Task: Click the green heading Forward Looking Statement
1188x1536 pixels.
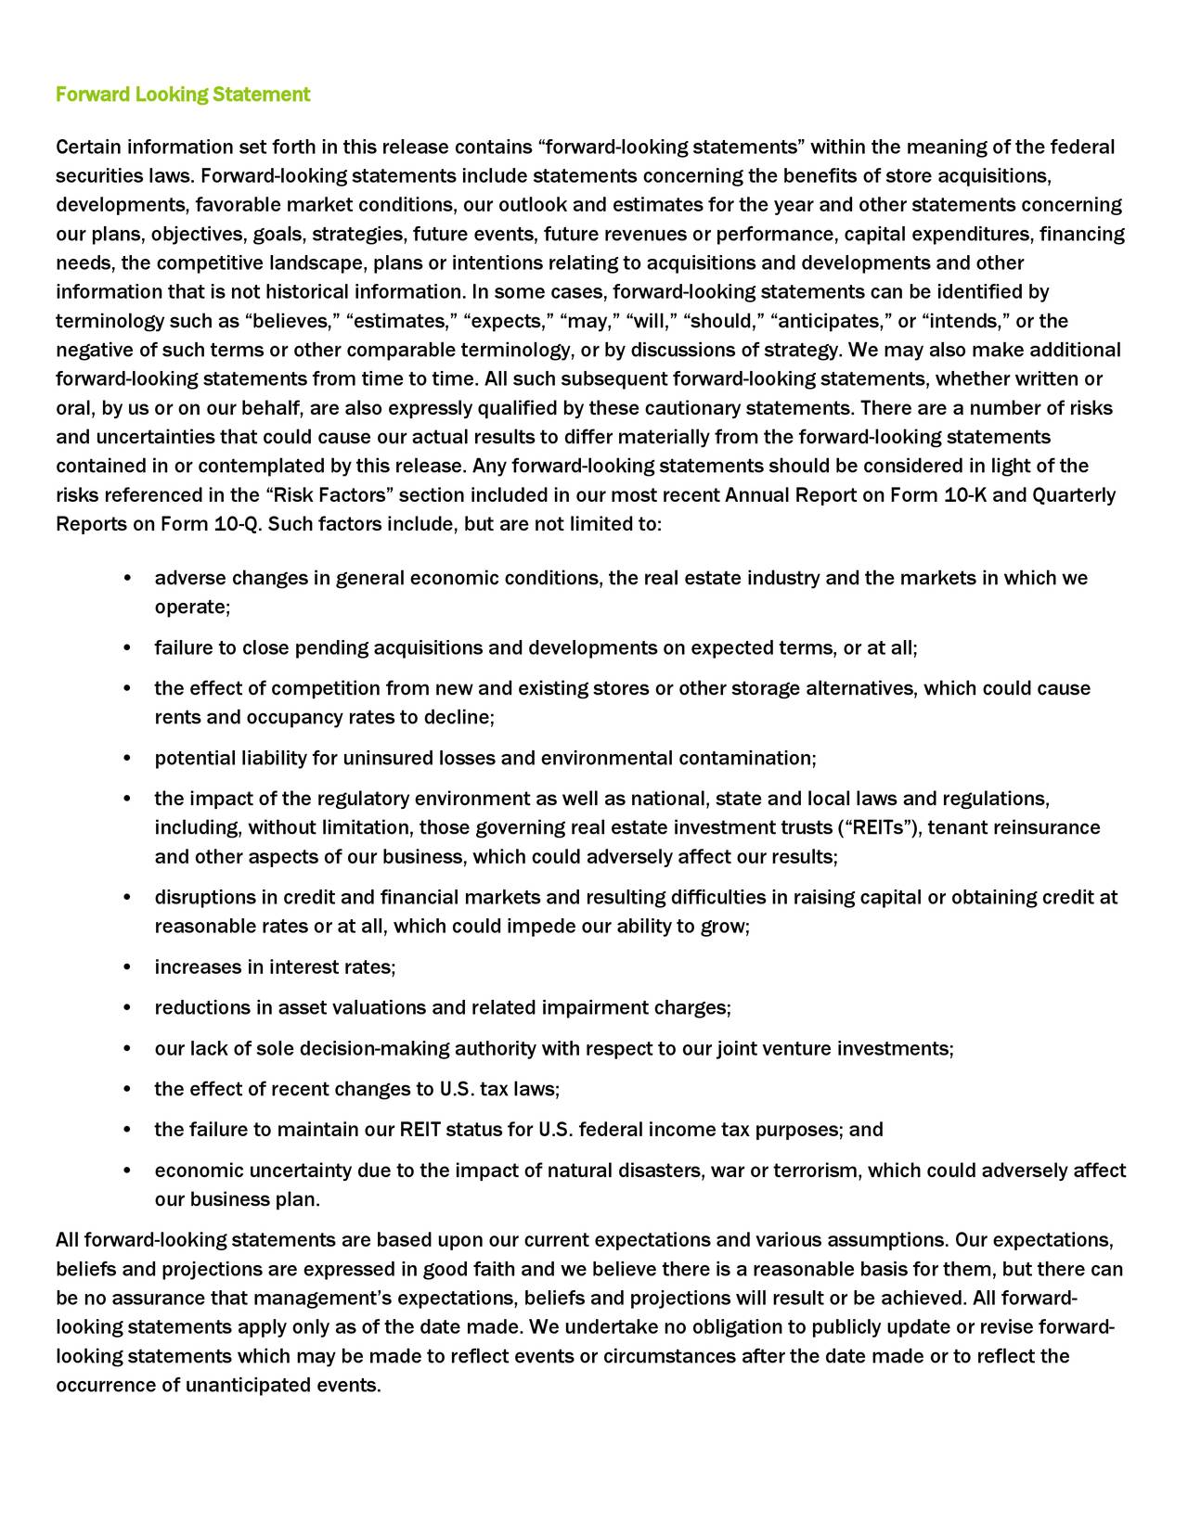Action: pos(183,95)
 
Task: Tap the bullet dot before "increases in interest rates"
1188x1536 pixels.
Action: pos(126,968)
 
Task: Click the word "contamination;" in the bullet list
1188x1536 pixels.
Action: pos(747,759)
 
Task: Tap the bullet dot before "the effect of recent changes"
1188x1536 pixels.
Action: pos(126,1090)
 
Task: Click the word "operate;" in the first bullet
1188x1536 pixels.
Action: pos(192,608)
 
